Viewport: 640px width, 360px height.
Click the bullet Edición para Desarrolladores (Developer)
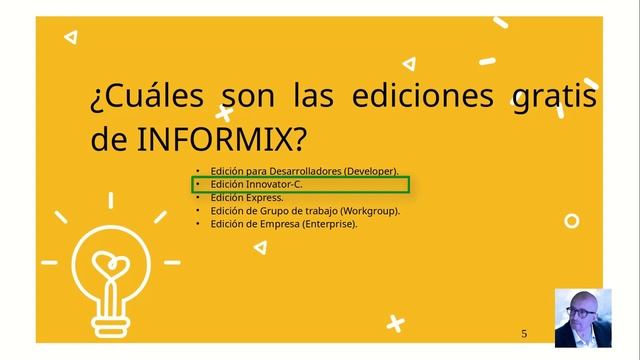pyautogui.click(x=304, y=172)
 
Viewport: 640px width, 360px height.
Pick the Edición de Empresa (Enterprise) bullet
pyautogui.click(x=284, y=224)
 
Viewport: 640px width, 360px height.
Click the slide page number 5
pyautogui.click(x=524, y=333)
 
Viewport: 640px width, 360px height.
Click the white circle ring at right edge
pyautogui.click(x=572, y=221)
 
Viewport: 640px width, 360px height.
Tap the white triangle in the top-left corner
pyautogui.click(x=71, y=37)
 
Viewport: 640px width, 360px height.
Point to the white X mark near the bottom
pyautogui.click(x=396, y=323)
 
